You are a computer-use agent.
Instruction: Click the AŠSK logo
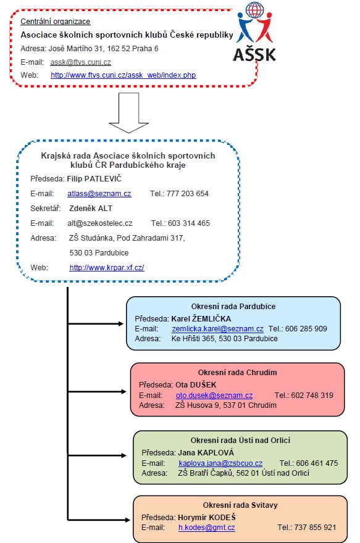pos(255,32)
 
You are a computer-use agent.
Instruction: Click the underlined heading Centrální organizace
pos(56,22)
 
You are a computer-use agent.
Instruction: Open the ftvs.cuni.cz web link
pos(123,75)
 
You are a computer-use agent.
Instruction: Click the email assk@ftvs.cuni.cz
pos(80,62)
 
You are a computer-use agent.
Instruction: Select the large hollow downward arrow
pos(128,113)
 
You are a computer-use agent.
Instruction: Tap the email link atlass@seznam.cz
pos(99,194)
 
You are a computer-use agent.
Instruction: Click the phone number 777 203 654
pos(188,194)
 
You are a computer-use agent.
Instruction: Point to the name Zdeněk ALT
pos(91,209)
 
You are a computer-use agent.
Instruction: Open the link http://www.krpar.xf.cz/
pos(107,268)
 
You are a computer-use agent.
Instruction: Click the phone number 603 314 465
pos(189,223)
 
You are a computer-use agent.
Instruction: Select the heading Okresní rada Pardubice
pos(233,307)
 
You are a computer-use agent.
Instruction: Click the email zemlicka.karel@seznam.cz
pos(217,329)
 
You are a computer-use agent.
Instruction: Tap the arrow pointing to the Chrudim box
pos(97,392)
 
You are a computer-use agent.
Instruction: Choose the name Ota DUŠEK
pos(196,385)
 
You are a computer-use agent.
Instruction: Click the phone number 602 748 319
pos(312,396)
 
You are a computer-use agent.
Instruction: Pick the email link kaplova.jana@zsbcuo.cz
pos(220,463)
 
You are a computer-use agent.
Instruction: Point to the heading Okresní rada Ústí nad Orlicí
pos(240,441)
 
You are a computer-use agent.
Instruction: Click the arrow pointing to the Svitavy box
pos(99,520)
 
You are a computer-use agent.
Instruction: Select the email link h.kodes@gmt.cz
pos(206,528)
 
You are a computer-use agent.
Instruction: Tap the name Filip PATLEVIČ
pos(94,179)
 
